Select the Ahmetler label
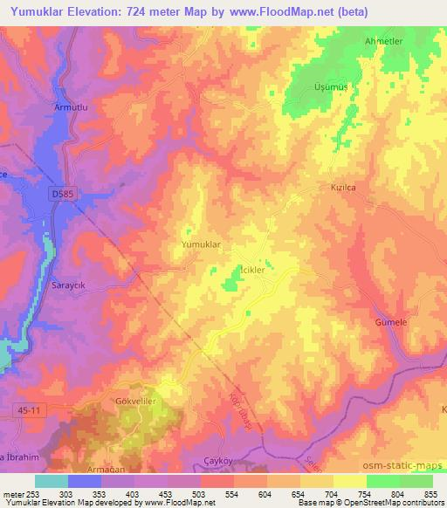387,41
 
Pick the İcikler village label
257,271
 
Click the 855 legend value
430,494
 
